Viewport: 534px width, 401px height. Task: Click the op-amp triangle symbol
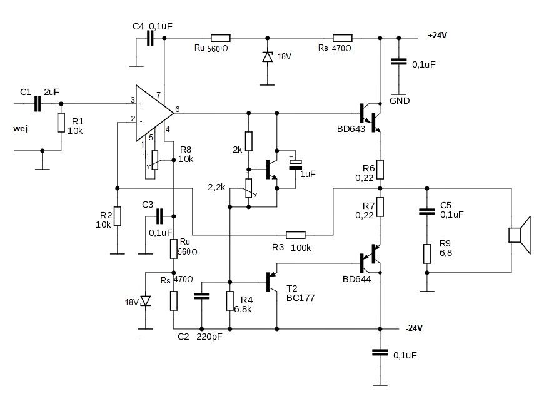[153, 113]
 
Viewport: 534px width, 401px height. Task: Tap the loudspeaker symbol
[520, 235]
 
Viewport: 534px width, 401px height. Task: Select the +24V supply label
[437, 35]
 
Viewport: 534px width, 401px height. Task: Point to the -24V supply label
[414, 328]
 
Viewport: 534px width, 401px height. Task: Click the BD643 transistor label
[351, 129]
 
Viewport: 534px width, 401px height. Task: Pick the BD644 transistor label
[356, 279]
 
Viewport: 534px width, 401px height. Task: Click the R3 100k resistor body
[296, 235]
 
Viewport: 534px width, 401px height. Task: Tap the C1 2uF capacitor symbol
[38, 104]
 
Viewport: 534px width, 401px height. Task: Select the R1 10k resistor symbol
[61, 123]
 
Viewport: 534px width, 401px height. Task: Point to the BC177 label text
[300, 298]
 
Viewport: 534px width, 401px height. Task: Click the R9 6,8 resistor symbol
[427, 254]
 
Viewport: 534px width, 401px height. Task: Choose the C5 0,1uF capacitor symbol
[427, 211]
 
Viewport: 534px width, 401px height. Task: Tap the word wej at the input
[20, 129]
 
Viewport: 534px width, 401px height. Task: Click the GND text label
[400, 101]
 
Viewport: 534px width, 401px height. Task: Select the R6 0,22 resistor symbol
[380, 170]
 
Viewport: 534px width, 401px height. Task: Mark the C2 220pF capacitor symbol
[201, 296]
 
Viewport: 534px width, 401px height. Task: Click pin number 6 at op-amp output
[177, 109]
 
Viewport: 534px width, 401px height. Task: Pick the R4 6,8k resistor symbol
[230, 301]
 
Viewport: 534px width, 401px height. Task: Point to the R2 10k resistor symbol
[118, 216]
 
